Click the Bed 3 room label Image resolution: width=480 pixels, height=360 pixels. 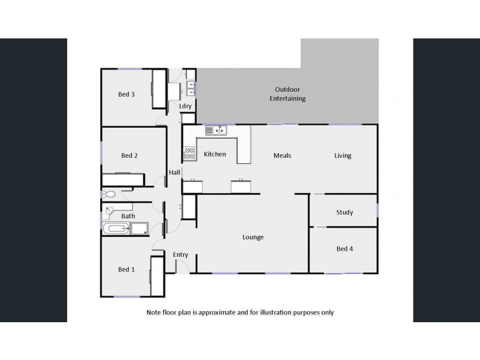tap(126, 94)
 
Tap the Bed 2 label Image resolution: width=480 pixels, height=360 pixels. tap(130, 156)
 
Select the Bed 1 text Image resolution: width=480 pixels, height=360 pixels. tap(126, 270)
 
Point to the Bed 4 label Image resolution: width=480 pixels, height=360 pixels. tap(344, 249)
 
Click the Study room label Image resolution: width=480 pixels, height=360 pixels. tap(344, 212)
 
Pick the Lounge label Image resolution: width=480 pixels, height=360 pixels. tap(253, 237)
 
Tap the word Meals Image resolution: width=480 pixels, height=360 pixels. tap(282, 156)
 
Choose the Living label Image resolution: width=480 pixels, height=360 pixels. tap(343, 156)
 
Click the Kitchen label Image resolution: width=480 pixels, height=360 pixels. tap(215, 155)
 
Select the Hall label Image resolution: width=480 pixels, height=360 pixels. tap(175, 173)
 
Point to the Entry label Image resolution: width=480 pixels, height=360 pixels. tap(181, 255)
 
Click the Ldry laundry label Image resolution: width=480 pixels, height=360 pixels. tap(185, 106)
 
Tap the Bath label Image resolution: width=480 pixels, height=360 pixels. tap(128, 216)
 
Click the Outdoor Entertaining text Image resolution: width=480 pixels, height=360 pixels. tap(287, 94)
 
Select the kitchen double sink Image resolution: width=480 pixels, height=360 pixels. tap(215, 130)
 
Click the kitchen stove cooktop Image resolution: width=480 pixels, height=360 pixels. tap(189, 154)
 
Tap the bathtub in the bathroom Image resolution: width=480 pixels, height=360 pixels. tap(116, 229)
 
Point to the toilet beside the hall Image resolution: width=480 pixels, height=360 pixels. tap(109, 194)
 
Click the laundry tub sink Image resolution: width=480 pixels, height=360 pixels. tap(191, 89)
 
